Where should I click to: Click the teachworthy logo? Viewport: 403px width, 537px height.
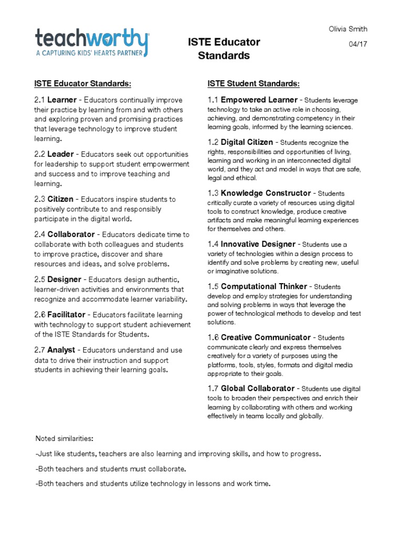pyautogui.click(x=92, y=42)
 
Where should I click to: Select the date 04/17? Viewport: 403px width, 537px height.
pyautogui.click(x=358, y=44)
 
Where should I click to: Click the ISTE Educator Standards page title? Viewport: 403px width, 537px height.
pyautogui.click(x=224, y=49)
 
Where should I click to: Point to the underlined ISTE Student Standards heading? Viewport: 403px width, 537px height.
pyautogui.click(x=254, y=83)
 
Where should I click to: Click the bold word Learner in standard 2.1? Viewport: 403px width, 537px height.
pyautogui.click(x=62, y=100)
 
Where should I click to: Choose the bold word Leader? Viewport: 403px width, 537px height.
pyautogui.click(x=60, y=154)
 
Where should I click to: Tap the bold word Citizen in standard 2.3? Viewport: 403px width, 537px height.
pyautogui.click(x=60, y=199)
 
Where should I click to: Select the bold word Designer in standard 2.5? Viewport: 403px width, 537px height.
pyautogui.click(x=65, y=280)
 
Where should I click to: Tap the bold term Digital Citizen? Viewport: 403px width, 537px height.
pyautogui.click(x=247, y=142)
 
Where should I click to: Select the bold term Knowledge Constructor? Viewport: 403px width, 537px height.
pyautogui.click(x=267, y=193)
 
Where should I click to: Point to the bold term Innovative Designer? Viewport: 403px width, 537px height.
pyautogui.click(x=259, y=244)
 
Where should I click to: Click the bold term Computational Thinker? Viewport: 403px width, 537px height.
pyautogui.click(x=263, y=286)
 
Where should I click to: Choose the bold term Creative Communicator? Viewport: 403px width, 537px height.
pyautogui.click(x=266, y=337)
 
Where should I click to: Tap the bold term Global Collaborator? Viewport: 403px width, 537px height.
pyautogui.click(x=258, y=389)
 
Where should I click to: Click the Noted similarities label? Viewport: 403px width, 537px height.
pyautogui.click(x=63, y=438)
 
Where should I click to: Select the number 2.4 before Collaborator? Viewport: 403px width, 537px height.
pyautogui.click(x=40, y=234)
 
